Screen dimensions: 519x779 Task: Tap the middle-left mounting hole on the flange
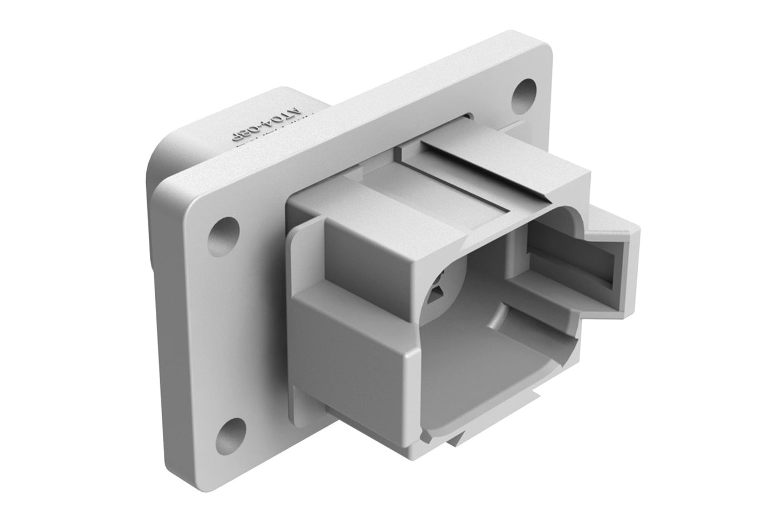(x=225, y=231)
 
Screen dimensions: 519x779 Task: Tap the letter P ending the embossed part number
(x=237, y=139)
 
